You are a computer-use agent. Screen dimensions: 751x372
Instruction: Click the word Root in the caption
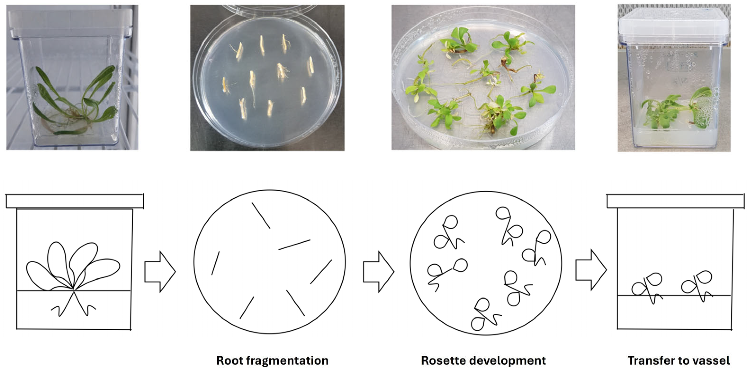(230, 361)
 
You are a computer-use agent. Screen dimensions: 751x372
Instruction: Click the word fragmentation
(287, 361)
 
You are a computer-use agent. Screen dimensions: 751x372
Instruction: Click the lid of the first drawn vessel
(75, 201)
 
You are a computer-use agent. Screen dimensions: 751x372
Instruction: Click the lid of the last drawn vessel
(675, 201)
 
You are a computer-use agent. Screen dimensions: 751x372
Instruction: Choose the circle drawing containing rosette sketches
(486, 263)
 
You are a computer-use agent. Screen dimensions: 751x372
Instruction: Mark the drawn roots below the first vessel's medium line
(73, 306)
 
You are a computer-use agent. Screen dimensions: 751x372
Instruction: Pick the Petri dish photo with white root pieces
(267, 78)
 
